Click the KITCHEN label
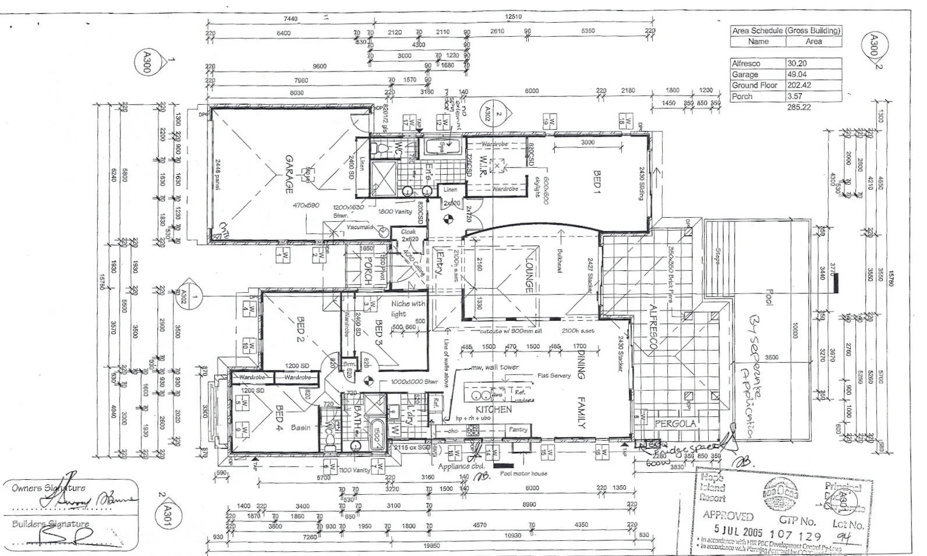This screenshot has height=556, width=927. tap(493, 409)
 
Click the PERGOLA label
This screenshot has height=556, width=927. tap(675, 424)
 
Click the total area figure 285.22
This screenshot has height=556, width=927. tap(799, 107)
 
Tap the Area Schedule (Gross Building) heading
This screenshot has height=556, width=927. tap(786, 30)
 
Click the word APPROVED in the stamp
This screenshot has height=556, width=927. tap(728, 515)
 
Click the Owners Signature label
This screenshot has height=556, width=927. tap(48, 488)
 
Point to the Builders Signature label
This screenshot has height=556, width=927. tap(51, 524)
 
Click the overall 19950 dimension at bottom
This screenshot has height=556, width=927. tap(431, 546)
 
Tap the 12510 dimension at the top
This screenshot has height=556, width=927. tap(513, 17)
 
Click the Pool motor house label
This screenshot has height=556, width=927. tap(523, 473)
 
